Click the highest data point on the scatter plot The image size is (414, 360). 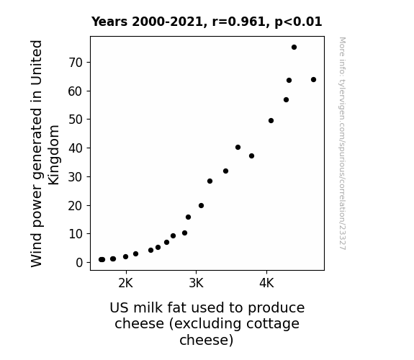coord(294,48)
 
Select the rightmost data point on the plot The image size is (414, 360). coord(313,79)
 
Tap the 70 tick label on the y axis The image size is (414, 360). coord(76,63)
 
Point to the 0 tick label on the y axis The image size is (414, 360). coord(79,263)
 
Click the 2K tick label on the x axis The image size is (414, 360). coord(126,284)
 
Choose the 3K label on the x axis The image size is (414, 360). coord(196,284)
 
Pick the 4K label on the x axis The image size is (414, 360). coord(266,284)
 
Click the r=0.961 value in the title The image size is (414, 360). coord(238,22)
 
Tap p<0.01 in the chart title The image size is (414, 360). coord(298,22)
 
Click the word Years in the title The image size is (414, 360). coord(109,22)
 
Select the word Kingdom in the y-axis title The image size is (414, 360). coord(53,155)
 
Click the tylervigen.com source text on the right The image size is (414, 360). coord(342,143)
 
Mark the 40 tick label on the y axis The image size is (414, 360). coord(76,148)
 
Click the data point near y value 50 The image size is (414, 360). coord(271,121)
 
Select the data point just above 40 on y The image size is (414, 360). coord(238,147)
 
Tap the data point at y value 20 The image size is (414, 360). coord(201,205)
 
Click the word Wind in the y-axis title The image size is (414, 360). coord(37,251)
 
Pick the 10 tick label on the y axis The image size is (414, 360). coord(76,234)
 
